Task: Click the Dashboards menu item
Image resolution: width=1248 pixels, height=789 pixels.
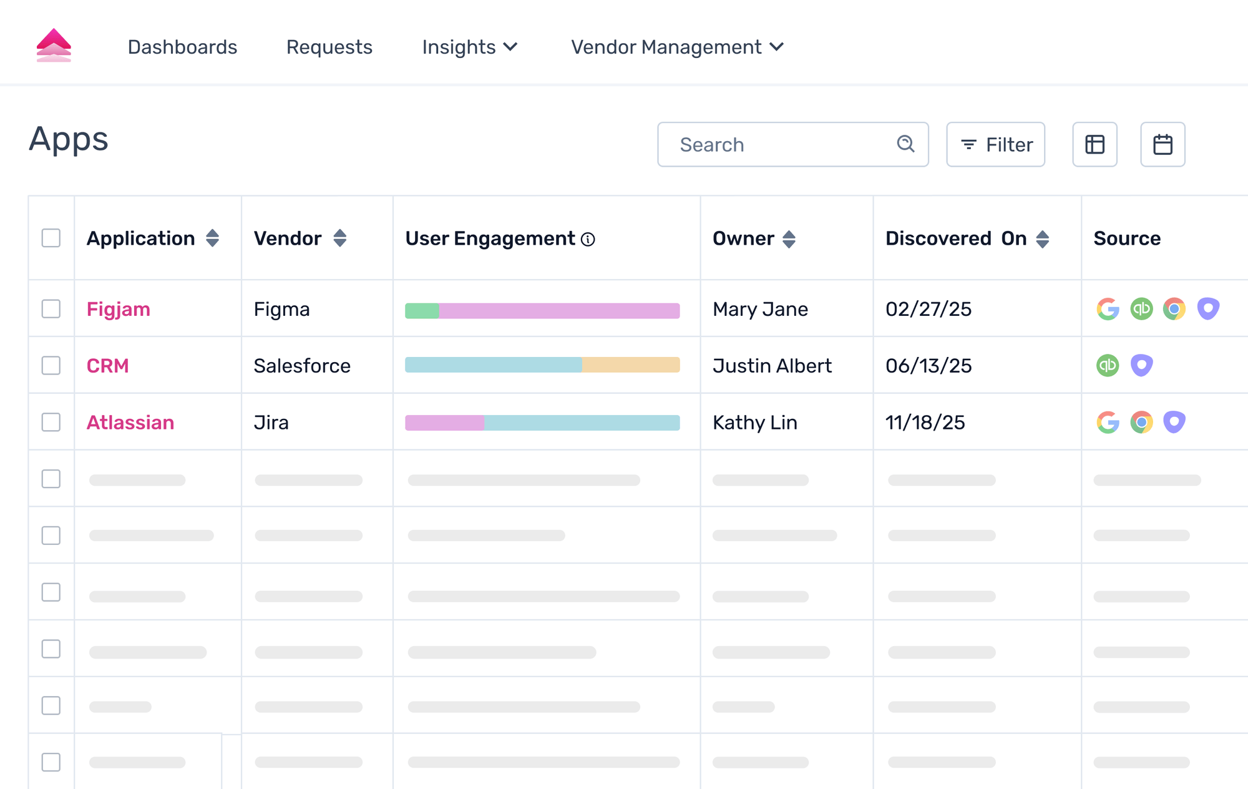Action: point(182,47)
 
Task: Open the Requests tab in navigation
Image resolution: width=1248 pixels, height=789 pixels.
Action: point(329,47)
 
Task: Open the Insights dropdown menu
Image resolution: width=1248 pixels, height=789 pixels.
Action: point(469,47)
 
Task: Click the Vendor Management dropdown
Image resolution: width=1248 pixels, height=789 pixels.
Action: point(677,47)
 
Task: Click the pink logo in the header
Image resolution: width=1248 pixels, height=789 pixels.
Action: point(54,46)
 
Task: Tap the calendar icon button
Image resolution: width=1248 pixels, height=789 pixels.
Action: point(1163,145)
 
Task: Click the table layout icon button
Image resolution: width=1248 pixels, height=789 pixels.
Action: point(1094,145)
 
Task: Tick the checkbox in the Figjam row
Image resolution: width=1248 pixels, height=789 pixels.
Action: point(51,309)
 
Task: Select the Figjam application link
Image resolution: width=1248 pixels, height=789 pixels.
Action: point(119,310)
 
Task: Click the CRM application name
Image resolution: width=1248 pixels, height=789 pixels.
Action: point(107,366)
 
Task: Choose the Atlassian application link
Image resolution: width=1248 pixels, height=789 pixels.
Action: point(130,423)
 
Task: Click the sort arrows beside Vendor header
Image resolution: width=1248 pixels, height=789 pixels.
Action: point(339,238)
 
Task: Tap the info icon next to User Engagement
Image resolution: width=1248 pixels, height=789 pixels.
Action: point(588,240)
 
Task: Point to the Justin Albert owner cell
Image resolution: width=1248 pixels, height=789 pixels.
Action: point(772,366)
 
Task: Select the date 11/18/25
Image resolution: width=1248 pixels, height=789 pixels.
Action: point(925,423)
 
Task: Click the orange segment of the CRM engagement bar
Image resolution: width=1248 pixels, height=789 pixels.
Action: point(630,365)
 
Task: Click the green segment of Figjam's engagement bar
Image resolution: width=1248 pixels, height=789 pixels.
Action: point(422,311)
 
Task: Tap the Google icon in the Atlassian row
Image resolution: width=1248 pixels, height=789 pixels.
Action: point(1108,423)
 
